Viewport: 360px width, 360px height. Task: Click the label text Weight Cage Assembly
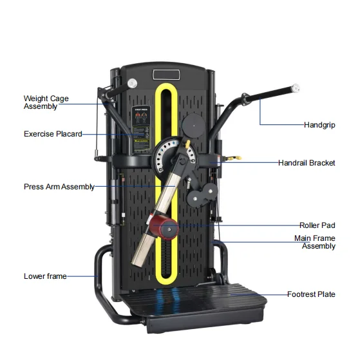point(46,102)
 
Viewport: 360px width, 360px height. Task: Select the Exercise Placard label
point(52,134)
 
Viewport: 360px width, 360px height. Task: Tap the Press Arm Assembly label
point(59,187)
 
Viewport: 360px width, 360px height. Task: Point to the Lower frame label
point(44,276)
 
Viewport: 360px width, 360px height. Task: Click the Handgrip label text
point(319,124)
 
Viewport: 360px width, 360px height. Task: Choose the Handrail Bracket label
point(306,163)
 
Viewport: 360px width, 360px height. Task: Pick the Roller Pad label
point(317,225)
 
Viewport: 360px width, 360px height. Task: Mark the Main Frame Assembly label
point(314,242)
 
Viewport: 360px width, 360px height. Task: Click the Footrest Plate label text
point(310,294)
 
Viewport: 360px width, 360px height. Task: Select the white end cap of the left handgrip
point(131,82)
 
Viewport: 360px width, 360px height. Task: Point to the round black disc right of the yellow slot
point(193,124)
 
